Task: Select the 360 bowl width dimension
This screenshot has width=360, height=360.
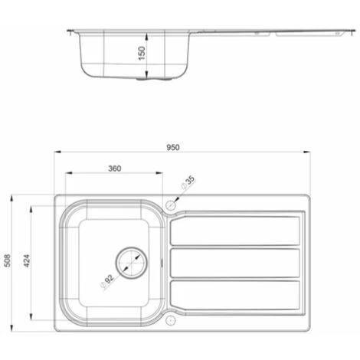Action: [x=114, y=168]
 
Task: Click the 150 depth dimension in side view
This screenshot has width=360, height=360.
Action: [x=142, y=53]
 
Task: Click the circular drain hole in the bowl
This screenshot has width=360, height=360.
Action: [x=130, y=261]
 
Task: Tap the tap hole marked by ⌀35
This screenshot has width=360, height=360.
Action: [x=171, y=205]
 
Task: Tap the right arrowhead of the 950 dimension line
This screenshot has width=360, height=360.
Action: [x=308, y=152]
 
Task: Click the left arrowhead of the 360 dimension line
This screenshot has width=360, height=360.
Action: [x=67, y=173]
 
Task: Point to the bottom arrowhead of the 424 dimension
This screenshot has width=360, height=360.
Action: [x=31, y=319]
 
